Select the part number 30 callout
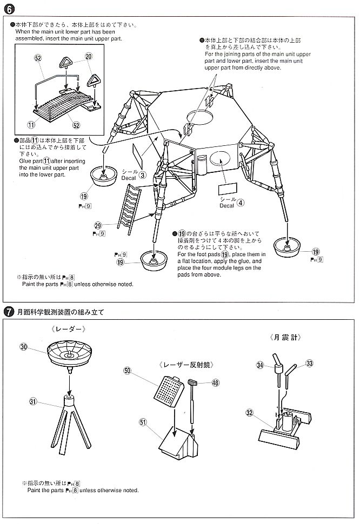tap(24, 347)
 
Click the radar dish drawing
tap(70, 353)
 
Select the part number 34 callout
tap(259, 366)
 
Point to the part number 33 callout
tap(309, 364)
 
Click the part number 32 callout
tap(249, 413)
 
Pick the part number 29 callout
tap(98, 225)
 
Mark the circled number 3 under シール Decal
tap(143, 174)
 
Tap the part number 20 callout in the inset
tap(89, 56)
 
